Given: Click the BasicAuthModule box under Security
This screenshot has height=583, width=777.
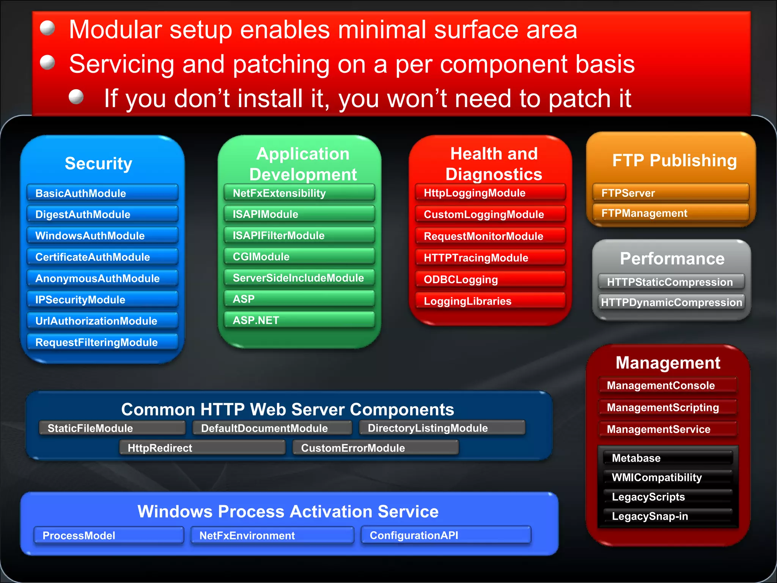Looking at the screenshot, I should point(102,193).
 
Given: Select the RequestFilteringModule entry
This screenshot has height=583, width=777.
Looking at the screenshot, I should point(102,342).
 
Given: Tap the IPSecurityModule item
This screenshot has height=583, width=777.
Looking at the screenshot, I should point(102,299).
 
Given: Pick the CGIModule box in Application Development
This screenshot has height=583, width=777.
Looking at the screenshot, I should point(299,257).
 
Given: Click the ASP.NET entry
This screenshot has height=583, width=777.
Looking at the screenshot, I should point(299,320).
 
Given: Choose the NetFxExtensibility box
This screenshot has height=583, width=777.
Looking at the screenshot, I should point(299,193).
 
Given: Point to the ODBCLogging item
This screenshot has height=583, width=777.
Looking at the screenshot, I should point(490,279).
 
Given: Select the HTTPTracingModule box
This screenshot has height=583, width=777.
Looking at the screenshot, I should point(490,258).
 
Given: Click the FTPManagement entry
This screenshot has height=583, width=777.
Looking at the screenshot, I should point(670,213).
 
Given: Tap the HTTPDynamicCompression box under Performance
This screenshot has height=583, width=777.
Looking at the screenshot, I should point(671,302).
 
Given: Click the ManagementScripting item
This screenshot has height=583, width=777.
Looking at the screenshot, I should point(668,407).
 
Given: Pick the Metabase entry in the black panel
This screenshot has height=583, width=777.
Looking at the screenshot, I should point(668,458).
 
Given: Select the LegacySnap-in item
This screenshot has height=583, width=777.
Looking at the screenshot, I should point(668,516).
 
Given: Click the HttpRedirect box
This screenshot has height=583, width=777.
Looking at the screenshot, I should point(202,448).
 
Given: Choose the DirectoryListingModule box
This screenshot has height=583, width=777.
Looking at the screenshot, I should point(442,428).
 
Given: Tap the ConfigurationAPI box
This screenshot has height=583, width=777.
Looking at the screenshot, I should point(446,535).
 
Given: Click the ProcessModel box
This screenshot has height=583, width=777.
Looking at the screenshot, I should point(109,535).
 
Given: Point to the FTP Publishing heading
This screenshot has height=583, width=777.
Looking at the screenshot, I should point(674,160).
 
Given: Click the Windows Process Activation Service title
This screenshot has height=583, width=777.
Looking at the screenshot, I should point(288,511).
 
